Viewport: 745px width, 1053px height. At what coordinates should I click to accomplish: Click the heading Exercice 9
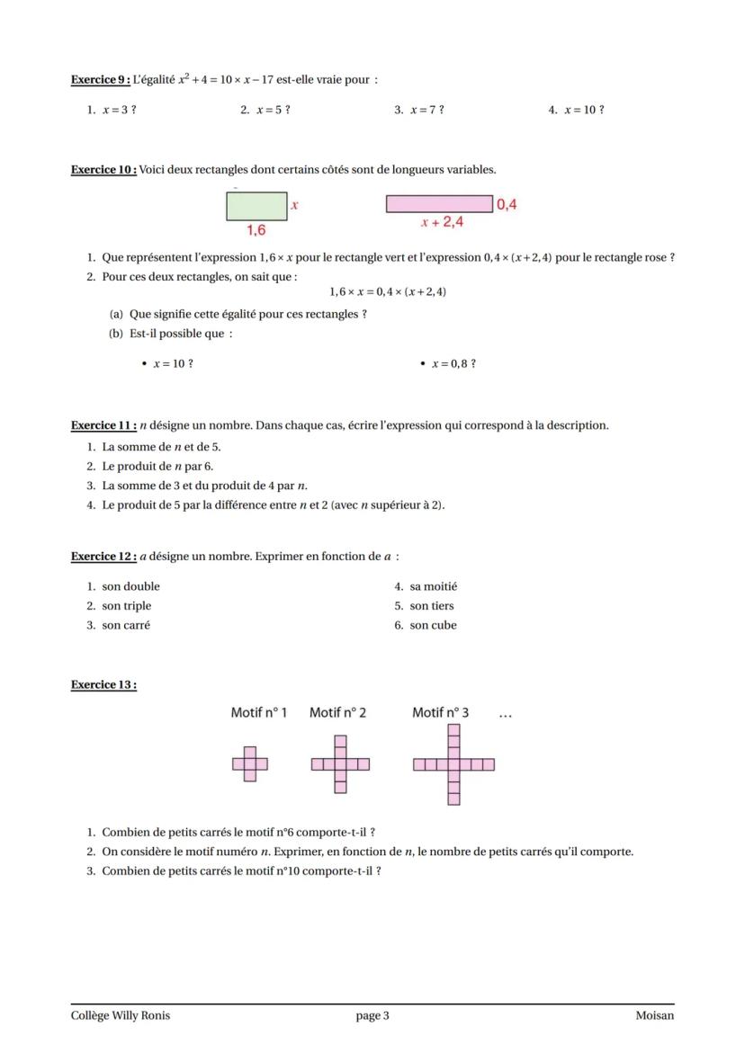[x=100, y=80]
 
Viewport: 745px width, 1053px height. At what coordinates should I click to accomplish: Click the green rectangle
[x=256, y=207]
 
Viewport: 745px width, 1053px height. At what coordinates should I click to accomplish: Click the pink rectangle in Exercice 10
[x=439, y=204]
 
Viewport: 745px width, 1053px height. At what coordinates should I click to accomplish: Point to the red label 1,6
[x=256, y=230]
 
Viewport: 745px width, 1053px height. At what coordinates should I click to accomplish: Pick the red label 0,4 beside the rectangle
[x=507, y=204]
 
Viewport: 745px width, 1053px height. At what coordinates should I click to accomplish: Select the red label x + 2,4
[x=442, y=221]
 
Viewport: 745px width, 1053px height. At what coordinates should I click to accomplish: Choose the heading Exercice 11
[x=103, y=425]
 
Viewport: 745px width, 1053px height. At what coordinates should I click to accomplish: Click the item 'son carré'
[x=125, y=625]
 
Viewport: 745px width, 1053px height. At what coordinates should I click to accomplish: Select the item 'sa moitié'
[x=433, y=586]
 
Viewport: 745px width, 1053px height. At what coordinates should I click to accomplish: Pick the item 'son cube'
[x=433, y=625]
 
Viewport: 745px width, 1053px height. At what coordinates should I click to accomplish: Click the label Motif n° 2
[x=337, y=713]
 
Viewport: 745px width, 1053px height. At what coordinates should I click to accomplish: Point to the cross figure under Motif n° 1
[x=249, y=764]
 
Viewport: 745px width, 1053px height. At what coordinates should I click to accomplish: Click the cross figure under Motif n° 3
[x=453, y=764]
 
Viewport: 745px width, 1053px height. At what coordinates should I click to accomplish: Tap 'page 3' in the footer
[x=372, y=1016]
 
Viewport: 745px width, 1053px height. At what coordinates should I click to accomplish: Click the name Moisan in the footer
[x=654, y=1016]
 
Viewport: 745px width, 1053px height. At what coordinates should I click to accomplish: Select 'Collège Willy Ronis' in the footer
[x=121, y=1016]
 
